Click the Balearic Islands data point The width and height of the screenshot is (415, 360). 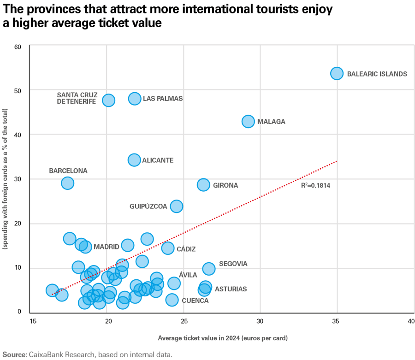click(337, 73)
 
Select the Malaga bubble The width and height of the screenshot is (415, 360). click(248, 121)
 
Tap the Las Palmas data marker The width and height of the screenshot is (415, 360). click(135, 99)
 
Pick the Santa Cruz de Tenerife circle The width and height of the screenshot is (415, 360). click(108, 100)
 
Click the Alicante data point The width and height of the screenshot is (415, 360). click(134, 160)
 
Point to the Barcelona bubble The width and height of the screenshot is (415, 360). click(67, 183)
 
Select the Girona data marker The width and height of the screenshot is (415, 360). click(203, 185)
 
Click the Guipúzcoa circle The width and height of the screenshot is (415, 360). click(176, 206)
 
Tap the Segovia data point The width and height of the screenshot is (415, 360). click(209, 268)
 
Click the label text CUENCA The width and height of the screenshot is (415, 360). click(195, 301)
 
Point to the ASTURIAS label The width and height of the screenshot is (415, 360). click(231, 289)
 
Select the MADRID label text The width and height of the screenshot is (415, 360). click(106, 247)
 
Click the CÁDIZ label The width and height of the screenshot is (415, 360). click(186, 249)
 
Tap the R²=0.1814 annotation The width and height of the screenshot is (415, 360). click(315, 186)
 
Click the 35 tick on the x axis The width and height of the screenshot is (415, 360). click(337, 321)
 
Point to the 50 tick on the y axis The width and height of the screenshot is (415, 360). click(18, 90)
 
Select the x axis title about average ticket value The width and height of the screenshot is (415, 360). click(222, 338)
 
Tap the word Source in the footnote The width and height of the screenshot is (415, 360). click(14, 354)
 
